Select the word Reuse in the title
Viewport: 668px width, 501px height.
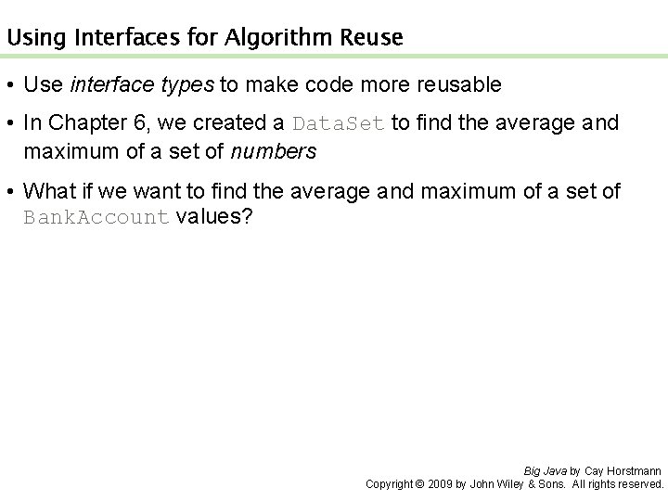tap(371, 38)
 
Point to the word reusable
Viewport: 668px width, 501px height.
tap(453, 85)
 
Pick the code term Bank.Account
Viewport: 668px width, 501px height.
tap(96, 219)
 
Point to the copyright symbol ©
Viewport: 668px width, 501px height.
tap(419, 484)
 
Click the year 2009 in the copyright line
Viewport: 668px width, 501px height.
tap(441, 484)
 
